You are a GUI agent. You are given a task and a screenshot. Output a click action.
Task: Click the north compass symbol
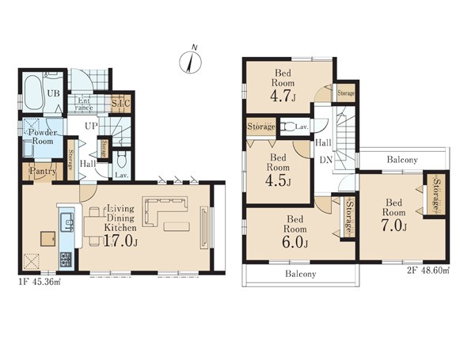[x=190, y=62]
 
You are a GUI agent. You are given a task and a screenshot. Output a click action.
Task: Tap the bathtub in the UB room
[x=32, y=93]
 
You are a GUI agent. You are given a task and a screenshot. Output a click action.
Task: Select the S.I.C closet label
[x=120, y=102]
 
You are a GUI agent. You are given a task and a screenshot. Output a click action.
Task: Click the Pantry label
[x=43, y=172]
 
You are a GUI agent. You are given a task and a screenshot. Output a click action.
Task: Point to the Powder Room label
[x=43, y=137]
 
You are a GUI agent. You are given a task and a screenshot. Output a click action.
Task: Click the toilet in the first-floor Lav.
[x=122, y=160]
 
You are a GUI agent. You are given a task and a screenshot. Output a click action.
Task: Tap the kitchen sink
[x=67, y=222]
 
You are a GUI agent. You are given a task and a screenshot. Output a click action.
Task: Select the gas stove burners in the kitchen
[x=66, y=260]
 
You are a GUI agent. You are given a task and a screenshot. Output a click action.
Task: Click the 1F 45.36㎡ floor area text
[x=40, y=282]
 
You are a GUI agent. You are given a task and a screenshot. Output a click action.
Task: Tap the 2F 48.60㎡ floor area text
[x=427, y=271]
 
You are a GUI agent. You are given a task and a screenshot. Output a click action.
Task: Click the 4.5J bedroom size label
[x=278, y=180]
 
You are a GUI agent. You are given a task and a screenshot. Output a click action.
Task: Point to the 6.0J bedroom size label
[x=295, y=242]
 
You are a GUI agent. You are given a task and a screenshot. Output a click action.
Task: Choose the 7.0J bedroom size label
[x=393, y=225]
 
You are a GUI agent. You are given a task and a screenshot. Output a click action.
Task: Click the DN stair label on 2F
[x=326, y=160]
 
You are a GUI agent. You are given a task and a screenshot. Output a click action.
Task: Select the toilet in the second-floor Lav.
[x=287, y=127]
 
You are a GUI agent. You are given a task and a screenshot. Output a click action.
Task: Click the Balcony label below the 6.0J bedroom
[x=301, y=274]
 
